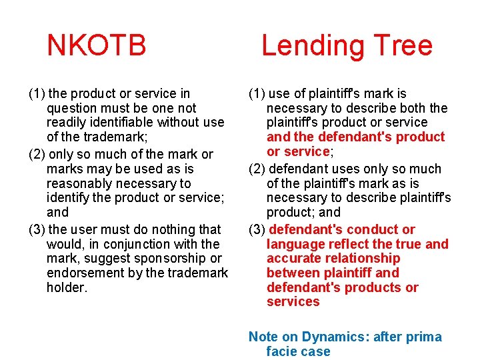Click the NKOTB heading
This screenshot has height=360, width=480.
(97, 45)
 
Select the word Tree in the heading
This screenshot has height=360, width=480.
(403, 45)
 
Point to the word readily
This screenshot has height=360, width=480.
(67, 122)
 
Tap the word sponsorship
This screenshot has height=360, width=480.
(168, 258)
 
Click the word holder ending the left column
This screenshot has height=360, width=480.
(67, 287)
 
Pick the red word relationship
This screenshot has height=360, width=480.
(365, 258)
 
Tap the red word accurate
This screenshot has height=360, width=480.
(293, 258)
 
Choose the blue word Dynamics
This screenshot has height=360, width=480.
(335, 337)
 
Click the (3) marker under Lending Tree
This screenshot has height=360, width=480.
(257, 229)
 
